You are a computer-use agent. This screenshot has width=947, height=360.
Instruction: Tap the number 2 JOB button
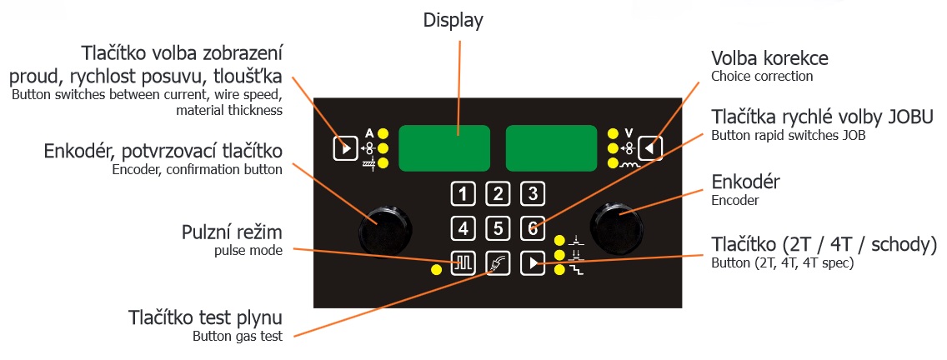498,195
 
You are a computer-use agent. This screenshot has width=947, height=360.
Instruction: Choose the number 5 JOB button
498,227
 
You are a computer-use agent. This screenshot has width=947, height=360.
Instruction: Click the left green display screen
444,148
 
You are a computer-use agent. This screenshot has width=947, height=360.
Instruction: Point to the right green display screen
551,148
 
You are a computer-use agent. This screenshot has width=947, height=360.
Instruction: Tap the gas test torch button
498,263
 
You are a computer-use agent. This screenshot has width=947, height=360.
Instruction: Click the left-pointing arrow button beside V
650,148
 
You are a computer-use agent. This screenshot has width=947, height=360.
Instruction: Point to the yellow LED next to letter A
383,133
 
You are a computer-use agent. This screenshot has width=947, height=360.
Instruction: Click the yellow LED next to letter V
613,133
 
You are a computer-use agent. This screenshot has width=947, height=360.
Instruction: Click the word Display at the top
453,20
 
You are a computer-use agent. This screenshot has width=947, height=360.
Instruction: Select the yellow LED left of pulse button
436,269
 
